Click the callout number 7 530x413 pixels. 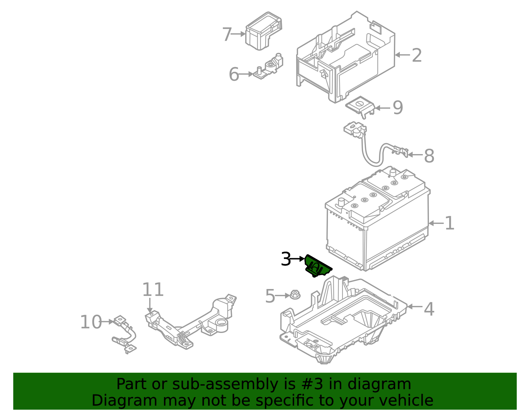[x=227, y=34]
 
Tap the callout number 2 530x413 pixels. [x=417, y=55]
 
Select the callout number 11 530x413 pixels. [x=153, y=290]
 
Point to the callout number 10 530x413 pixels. [x=91, y=322]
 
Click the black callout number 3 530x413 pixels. [x=286, y=259]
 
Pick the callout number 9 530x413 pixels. [x=397, y=107]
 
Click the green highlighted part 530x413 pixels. [x=317, y=267]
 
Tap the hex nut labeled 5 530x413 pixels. [x=294, y=295]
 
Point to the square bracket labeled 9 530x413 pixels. [x=360, y=105]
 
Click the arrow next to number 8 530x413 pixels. [x=415, y=154]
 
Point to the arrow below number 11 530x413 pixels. [x=150, y=306]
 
